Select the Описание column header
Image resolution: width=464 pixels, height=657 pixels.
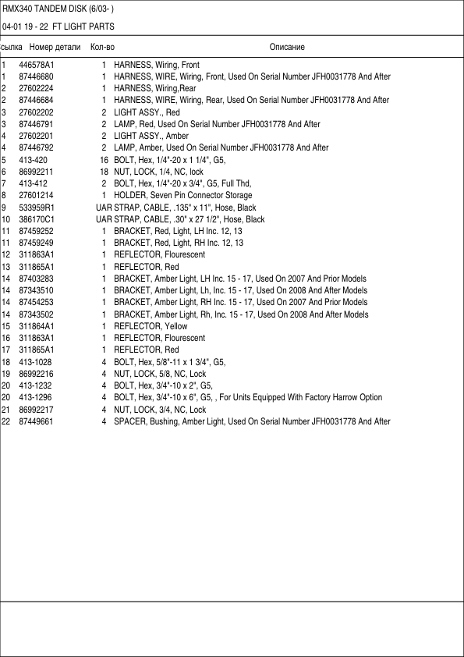pyautogui.click(x=287, y=47)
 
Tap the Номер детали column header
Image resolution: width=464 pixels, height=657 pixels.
pyautogui.click(x=55, y=47)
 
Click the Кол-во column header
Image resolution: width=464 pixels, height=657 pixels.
pyautogui.click(x=102, y=47)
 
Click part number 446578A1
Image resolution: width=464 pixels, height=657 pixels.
pyautogui.click(x=37, y=65)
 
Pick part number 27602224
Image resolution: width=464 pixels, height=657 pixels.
pyautogui.click(x=36, y=88)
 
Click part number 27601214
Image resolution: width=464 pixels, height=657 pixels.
pyautogui.click(x=36, y=195)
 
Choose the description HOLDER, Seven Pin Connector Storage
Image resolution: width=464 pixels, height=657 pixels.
pyautogui.click(x=182, y=195)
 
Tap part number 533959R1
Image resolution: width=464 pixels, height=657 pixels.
pyautogui.click(x=37, y=208)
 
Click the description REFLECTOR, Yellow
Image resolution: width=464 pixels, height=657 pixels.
pyautogui.click(x=151, y=326)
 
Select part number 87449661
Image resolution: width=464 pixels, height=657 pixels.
pyautogui.click(x=36, y=421)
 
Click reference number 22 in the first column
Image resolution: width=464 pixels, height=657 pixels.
pyautogui.click(x=5, y=421)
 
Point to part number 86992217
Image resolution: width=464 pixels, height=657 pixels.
pyautogui.click(x=36, y=410)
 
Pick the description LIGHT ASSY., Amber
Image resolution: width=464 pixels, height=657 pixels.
pyautogui.click(x=151, y=136)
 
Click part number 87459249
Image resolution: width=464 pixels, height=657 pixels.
pyautogui.click(x=36, y=243)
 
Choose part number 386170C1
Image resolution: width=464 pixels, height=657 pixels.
pyautogui.click(x=37, y=219)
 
